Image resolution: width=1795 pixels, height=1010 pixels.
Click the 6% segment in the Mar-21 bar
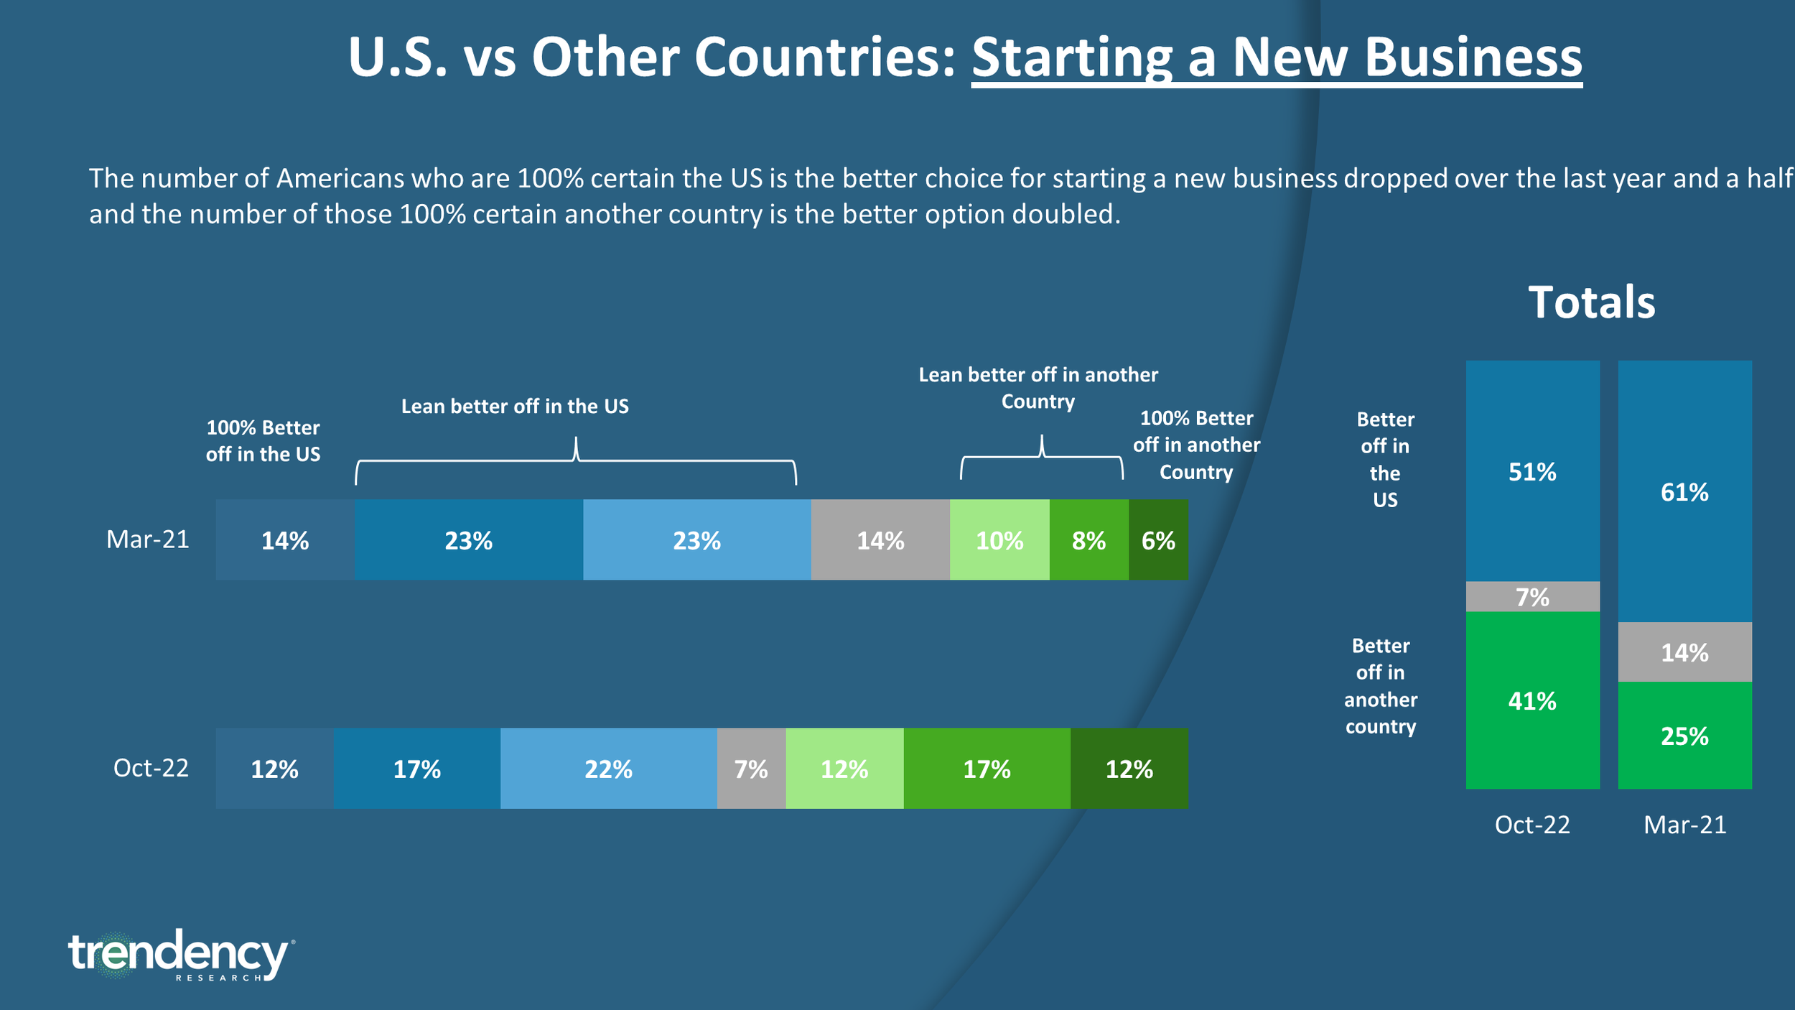1158,540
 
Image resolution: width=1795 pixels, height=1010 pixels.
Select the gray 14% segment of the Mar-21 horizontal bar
880,540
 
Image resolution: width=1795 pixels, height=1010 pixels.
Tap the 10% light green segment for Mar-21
999,540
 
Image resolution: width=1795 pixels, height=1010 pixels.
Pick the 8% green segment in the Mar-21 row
1088,540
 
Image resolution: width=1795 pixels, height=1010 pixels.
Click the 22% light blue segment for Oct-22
608,769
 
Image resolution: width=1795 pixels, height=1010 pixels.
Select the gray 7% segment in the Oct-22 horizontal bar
751,769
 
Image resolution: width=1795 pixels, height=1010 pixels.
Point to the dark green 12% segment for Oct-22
1129,769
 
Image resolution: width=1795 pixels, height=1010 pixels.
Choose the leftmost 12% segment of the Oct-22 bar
274,769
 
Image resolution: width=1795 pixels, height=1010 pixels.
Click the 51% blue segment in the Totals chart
1532,471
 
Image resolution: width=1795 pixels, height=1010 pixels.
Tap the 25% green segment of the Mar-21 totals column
1684,736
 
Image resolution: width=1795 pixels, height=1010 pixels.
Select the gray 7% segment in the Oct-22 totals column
1532,597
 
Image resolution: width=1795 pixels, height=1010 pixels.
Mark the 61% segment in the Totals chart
1684,492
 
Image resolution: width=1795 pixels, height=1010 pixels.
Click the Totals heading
1591,302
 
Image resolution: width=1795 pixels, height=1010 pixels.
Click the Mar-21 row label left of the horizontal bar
148,539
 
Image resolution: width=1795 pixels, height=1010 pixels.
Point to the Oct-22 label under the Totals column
1532,824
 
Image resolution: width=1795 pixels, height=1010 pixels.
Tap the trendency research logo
179,955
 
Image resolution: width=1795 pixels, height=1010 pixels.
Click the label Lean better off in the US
515,407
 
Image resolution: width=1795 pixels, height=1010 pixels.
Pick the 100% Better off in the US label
263,440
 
